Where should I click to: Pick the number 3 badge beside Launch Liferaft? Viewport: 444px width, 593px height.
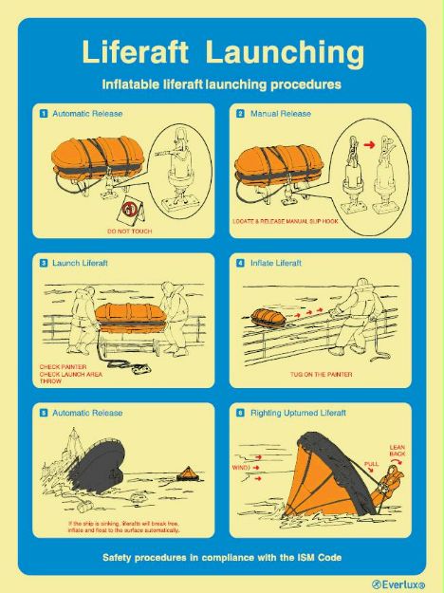tap(44, 263)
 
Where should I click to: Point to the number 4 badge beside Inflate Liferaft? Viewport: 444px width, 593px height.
tap(241, 263)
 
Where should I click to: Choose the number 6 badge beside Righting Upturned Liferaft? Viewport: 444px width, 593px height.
tap(241, 414)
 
